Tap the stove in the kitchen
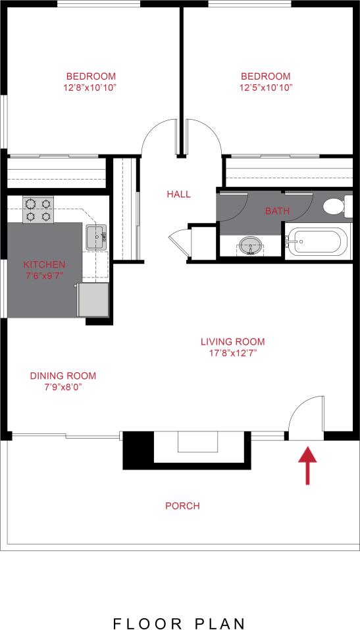[x=37, y=209]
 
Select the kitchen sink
[x=97, y=236]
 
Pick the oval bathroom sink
[x=249, y=245]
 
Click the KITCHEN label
[x=45, y=264]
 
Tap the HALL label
[x=178, y=194]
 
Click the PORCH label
[x=182, y=506]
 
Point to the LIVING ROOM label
[x=232, y=341]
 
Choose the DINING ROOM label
[x=63, y=376]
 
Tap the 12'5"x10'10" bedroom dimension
[x=266, y=87]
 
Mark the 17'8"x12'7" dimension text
[x=232, y=352]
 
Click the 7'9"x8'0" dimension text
[x=63, y=387]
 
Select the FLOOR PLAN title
[x=180, y=623]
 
